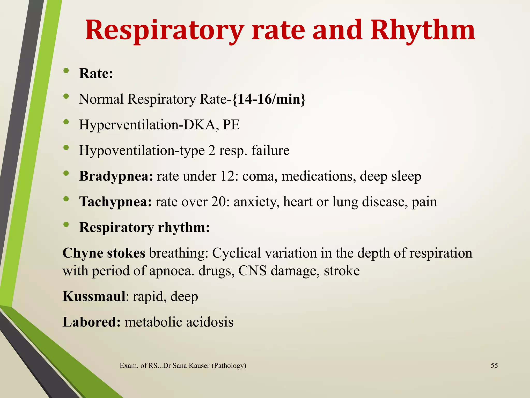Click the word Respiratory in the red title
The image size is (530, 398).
coord(165,31)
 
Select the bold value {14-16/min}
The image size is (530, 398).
coord(269,99)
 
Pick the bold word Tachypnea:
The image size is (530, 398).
coord(115,202)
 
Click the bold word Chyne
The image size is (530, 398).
coord(83,253)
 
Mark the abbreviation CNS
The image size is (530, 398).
coord(252,271)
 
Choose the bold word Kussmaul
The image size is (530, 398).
coord(94,296)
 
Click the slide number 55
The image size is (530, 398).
coord(494,366)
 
